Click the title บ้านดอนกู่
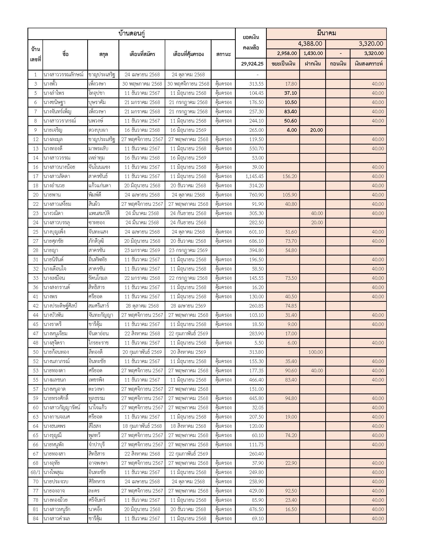(132, 34)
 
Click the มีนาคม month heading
(326, 33)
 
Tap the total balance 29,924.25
(252, 64)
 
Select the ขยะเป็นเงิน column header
(283, 64)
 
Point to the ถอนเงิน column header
(338, 64)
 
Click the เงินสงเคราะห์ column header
(368, 64)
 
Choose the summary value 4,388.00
(310, 44)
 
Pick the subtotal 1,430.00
(313, 53)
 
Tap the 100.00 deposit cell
(315, 352)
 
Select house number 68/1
(35, 472)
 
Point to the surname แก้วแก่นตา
(100, 185)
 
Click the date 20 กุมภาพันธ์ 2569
(142, 352)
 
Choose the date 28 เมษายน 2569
(188, 306)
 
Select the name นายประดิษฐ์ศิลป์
(60, 306)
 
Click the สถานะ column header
(223, 54)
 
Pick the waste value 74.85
(291, 306)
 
